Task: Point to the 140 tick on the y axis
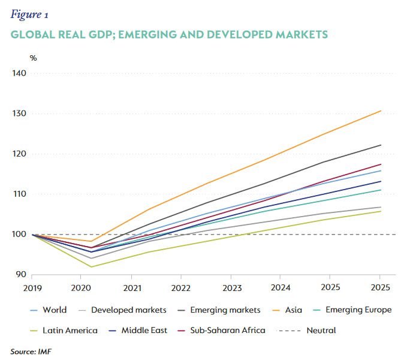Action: (19, 74)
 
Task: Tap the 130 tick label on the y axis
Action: (19, 114)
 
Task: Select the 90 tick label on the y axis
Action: (22, 275)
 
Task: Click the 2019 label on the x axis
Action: (32, 288)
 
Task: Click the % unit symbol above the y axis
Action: (34, 58)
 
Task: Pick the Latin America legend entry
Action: (66, 330)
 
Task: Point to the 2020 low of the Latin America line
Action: (91, 267)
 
